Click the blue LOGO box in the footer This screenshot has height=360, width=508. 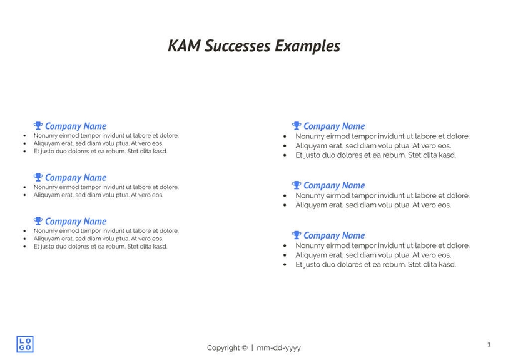point(25,343)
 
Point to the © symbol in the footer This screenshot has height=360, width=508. point(245,348)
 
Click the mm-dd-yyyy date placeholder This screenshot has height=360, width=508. point(279,348)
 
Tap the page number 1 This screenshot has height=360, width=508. point(489,344)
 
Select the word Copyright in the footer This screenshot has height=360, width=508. point(223,348)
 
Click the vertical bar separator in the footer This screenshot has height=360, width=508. point(252,348)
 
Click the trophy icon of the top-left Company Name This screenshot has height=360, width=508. point(38,126)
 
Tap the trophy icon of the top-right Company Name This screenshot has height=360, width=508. point(297,126)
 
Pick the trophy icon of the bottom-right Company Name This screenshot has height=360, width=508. point(297,235)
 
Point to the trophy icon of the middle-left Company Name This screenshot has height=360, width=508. point(38,177)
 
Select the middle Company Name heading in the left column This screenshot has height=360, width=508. point(76,178)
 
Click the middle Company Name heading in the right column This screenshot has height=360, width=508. point(334,185)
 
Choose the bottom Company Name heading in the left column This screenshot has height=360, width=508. point(76,222)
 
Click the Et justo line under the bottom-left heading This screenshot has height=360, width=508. point(100,247)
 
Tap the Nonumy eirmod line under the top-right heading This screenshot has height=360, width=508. point(382,136)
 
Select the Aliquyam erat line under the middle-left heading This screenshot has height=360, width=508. point(98,195)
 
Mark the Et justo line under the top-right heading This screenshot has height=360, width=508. point(375,155)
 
